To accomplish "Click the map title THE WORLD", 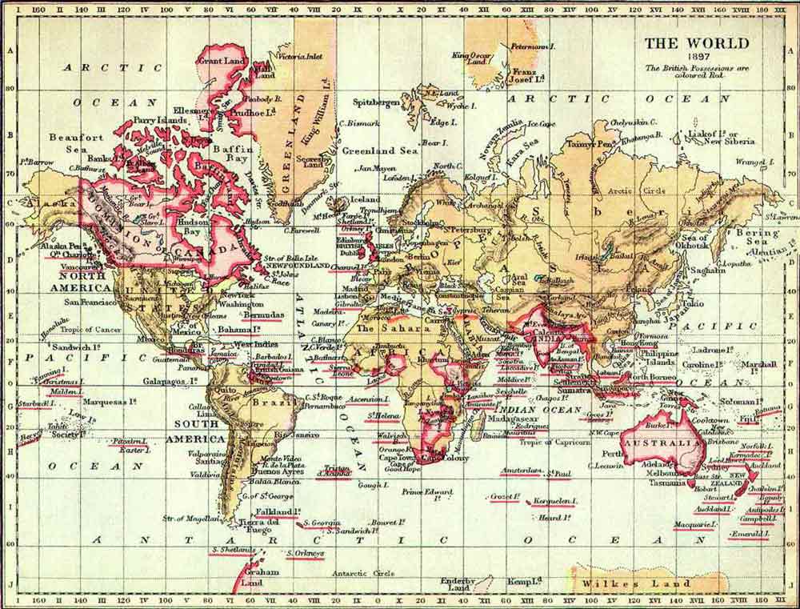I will point(697,43).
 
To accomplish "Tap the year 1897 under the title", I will point(697,58).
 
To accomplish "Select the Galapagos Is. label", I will point(170,381).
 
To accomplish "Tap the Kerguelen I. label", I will point(555,501).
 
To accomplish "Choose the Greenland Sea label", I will point(380,150).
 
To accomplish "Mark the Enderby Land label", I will point(458,584).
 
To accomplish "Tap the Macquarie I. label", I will point(694,525).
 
